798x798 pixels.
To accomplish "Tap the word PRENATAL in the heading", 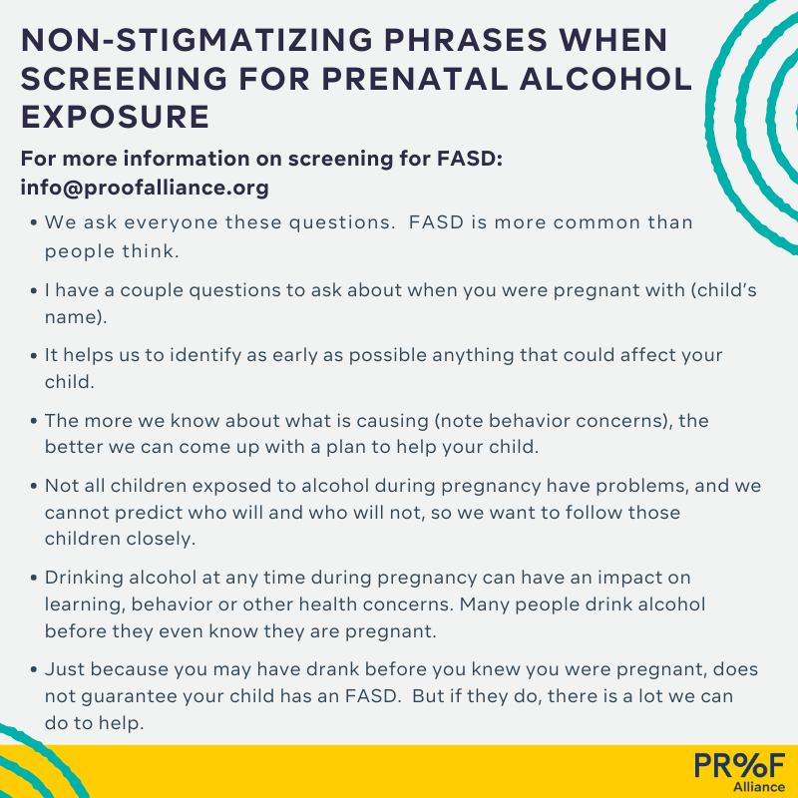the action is [x=414, y=79].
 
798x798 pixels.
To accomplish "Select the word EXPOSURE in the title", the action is [x=115, y=117].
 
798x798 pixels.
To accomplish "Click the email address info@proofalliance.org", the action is [x=145, y=188].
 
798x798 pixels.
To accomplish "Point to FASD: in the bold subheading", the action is [x=470, y=159].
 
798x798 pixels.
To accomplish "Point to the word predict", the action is [x=149, y=513].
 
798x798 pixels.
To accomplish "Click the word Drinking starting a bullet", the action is [x=84, y=579].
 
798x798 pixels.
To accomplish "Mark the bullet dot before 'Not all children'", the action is [x=34, y=486].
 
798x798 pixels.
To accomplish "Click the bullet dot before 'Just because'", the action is [x=34, y=669].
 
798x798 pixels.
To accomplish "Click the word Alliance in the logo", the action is [x=759, y=787].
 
